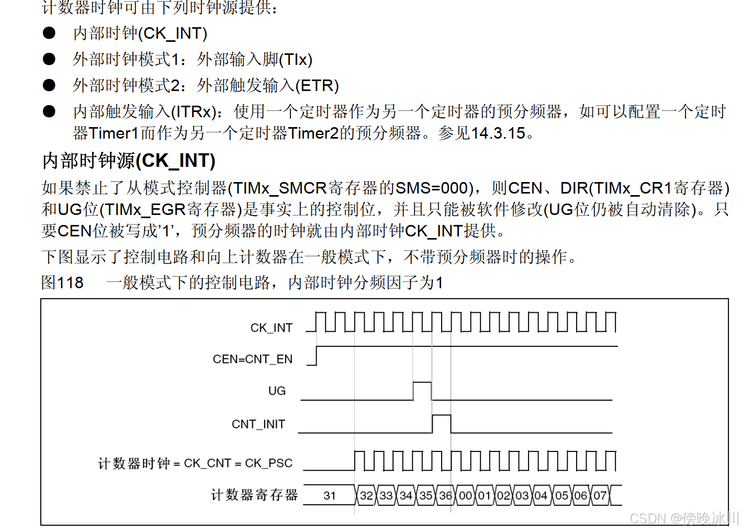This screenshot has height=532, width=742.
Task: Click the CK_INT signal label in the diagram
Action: pos(271,328)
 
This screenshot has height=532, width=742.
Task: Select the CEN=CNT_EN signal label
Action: pos(252,359)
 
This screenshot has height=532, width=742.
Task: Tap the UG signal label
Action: pos(277,391)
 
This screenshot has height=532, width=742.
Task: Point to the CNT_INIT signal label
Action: pos(258,424)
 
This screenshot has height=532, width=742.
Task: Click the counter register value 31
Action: pos(329,495)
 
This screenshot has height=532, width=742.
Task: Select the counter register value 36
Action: pos(445,495)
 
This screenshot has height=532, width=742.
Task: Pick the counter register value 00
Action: pos(465,495)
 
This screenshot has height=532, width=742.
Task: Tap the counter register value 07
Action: pos(600,495)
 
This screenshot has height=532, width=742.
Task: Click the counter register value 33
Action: pos(386,495)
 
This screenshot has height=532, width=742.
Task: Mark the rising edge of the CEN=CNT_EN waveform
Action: pos(317,355)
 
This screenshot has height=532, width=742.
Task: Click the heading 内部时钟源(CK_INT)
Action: pos(129,161)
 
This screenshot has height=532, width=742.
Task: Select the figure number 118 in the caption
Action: pos(70,283)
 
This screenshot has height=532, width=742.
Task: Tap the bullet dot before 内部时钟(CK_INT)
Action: pos(49,33)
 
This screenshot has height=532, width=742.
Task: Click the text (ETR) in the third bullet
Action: pos(317,85)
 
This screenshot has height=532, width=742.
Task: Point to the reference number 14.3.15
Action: pos(498,133)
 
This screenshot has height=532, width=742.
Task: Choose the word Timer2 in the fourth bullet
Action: pos(313,133)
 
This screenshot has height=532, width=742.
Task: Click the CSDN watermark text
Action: pos(683,518)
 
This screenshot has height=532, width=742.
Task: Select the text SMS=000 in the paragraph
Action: pos(431,188)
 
